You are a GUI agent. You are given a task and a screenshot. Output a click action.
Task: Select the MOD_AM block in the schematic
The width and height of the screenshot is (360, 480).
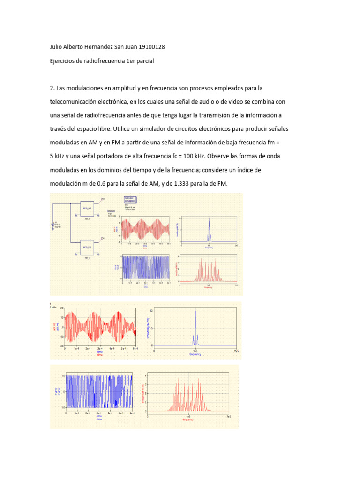pyautogui.click(x=88, y=207)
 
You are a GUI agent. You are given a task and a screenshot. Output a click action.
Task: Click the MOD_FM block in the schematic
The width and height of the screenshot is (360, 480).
pyautogui.click(x=88, y=247)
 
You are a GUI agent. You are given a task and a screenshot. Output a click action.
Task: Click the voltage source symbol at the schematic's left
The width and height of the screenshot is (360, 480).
pyautogui.click(x=53, y=225)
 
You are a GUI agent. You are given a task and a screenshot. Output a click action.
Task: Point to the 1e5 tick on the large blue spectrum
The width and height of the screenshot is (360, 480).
pyautogui.click(x=195, y=351)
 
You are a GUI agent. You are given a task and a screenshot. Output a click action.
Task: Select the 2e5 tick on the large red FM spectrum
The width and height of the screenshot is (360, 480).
pyautogui.click(x=229, y=416)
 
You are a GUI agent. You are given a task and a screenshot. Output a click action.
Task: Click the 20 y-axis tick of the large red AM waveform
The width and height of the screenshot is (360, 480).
pyautogui.click(x=62, y=308)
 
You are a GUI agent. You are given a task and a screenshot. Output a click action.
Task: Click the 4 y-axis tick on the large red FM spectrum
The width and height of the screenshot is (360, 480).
pyautogui.click(x=145, y=375)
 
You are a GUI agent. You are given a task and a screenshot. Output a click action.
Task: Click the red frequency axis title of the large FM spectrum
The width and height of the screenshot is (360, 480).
pyautogui.click(x=188, y=420)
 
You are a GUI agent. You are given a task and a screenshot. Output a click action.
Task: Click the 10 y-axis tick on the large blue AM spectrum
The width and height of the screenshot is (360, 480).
pyautogui.click(x=151, y=311)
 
